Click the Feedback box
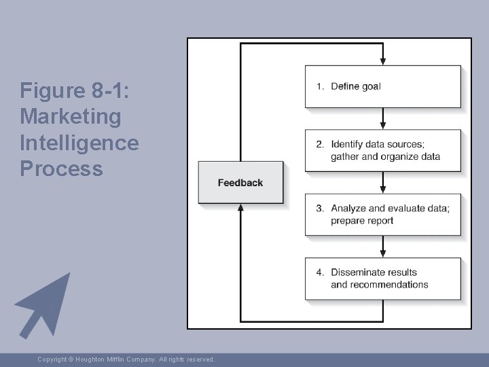[240, 182]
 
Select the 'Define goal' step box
[382, 86]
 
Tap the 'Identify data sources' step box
[382, 150]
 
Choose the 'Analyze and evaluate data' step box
[382, 214]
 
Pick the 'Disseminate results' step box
[382, 278]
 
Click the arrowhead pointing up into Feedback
[240, 208]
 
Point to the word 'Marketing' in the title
[71, 117]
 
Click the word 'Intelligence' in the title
[79, 143]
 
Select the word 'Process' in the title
[62, 169]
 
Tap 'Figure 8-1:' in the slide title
[75, 90]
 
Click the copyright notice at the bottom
[126, 359]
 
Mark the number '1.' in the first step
[320, 86]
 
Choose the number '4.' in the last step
[320, 272]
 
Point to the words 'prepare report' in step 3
[362, 220]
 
